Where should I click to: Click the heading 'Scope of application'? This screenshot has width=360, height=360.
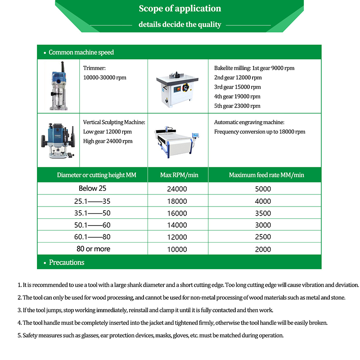tap(180, 9)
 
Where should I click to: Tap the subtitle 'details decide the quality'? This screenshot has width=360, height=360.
tap(180, 24)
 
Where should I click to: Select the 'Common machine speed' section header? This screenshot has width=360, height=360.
tap(81, 52)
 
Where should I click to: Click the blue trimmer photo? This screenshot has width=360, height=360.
tap(58, 86)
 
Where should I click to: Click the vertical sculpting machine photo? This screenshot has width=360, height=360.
tap(58, 140)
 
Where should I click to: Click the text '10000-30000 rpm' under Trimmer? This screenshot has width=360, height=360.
tap(105, 77)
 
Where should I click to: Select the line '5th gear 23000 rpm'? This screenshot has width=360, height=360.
tap(237, 106)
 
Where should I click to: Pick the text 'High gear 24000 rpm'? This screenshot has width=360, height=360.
tap(108, 141)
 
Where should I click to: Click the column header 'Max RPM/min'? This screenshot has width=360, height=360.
tap(179, 175)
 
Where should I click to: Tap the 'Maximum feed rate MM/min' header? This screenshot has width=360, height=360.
tap(266, 175)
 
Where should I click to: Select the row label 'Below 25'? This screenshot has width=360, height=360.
tap(93, 189)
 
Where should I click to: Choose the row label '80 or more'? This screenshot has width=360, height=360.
tap(93, 249)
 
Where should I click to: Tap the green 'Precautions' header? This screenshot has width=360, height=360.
tap(66, 262)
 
